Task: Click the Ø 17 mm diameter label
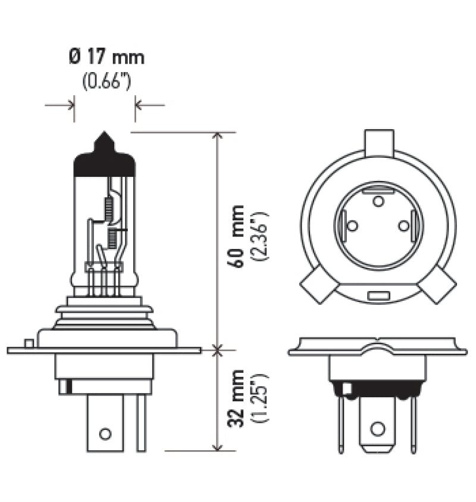click(106, 58)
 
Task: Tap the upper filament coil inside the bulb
click(108, 207)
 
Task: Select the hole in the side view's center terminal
click(105, 434)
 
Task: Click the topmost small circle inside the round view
click(378, 201)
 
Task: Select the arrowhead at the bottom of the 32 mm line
click(218, 446)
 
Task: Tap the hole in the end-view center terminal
click(377, 429)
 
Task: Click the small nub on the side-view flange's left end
click(27, 344)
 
